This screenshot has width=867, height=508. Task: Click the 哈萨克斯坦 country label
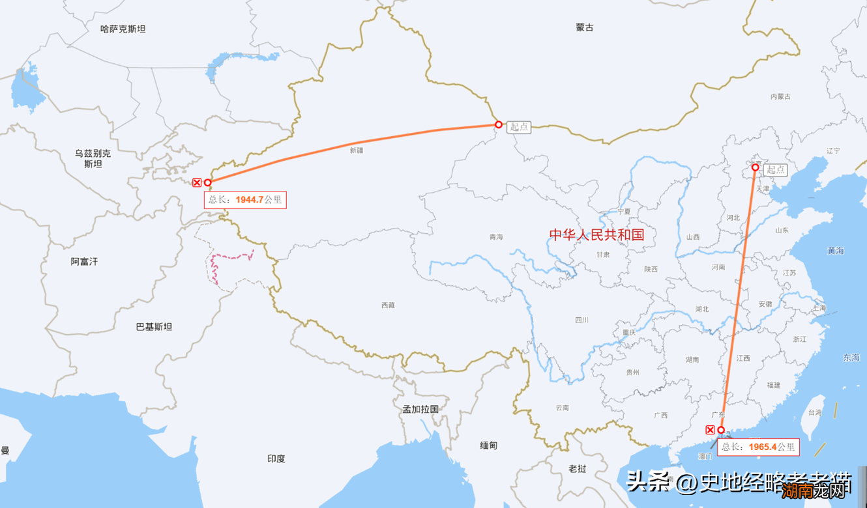pos(123,29)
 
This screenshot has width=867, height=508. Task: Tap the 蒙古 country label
pos(585,27)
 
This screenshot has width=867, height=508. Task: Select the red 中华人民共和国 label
pos(596,234)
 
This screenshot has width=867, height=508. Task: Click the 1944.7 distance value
pos(250,200)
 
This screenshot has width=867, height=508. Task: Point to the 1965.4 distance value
pos(763,447)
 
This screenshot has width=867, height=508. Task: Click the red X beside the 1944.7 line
pos(197,183)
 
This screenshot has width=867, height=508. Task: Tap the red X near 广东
pos(710,429)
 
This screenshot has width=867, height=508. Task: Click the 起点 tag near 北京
pos(776,170)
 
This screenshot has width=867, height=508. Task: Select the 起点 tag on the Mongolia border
pos(520,127)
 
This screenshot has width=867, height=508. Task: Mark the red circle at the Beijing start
pos(756,168)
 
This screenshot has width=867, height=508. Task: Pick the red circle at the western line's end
pos(208,183)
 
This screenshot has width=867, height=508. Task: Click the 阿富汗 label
pos(84,261)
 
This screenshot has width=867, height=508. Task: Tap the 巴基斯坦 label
pos(154,327)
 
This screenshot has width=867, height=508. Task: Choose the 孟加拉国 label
pos(420,410)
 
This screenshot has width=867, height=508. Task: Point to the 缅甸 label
pos(488,445)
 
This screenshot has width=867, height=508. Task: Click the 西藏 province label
pos(388,305)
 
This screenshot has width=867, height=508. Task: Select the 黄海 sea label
pos(836,251)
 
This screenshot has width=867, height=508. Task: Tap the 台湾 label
pos(815,412)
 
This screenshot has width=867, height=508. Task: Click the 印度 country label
pos(276,459)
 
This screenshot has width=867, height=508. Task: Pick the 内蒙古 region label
pos(780,96)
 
